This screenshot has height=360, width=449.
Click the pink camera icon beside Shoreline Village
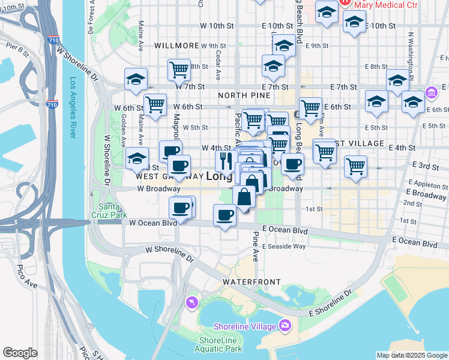click(x=285, y=326)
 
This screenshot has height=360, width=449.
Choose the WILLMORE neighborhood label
click(x=176, y=46)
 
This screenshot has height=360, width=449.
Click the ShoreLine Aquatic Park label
click(x=220, y=344)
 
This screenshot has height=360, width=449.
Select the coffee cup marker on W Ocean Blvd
click(x=225, y=214)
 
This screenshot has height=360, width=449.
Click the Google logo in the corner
click(x=20, y=353)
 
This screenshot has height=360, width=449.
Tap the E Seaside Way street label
click(x=284, y=246)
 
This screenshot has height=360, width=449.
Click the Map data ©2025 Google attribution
click(x=412, y=355)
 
